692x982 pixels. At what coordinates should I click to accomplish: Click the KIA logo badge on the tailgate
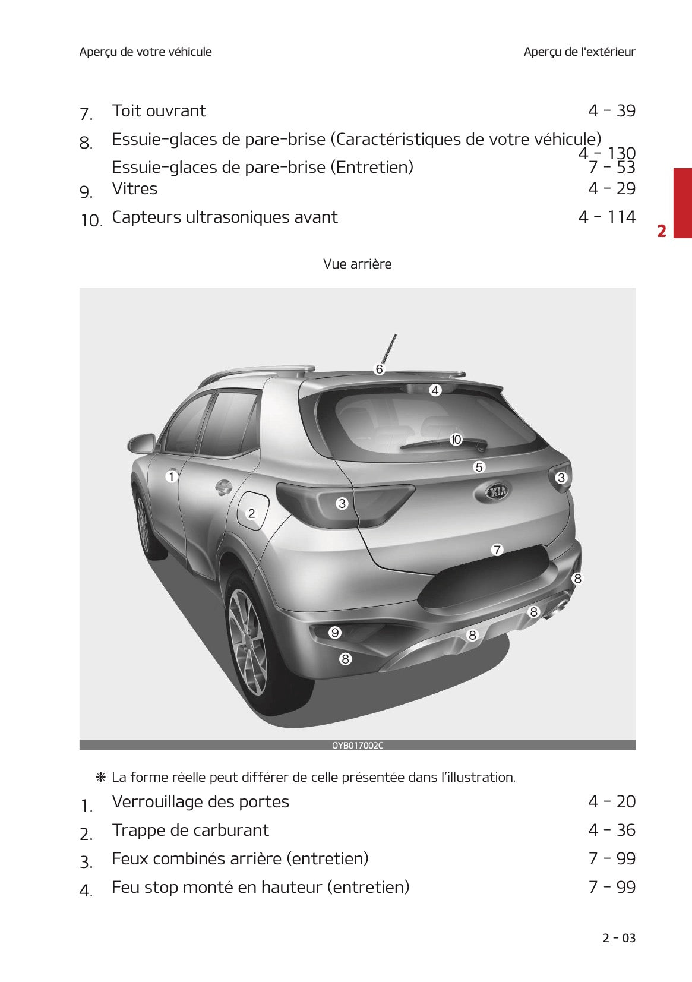click(x=497, y=491)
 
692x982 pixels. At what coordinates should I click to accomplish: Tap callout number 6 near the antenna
click(x=379, y=370)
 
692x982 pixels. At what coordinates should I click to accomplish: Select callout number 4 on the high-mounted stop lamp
click(x=435, y=390)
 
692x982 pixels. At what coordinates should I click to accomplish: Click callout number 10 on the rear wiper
click(x=456, y=440)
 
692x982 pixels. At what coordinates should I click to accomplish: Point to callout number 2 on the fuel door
click(x=251, y=513)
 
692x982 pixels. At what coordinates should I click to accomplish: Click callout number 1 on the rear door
click(x=172, y=476)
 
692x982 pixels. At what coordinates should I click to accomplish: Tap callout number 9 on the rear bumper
click(x=335, y=633)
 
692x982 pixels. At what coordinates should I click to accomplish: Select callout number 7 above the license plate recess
click(x=497, y=550)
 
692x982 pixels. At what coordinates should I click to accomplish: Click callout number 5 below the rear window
click(x=479, y=467)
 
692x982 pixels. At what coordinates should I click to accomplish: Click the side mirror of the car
click(x=141, y=443)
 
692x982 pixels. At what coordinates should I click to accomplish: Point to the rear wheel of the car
click(x=248, y=633)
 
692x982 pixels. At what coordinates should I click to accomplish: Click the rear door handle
click(x=223, y=488)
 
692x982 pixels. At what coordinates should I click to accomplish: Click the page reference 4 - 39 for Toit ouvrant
click(x=611, y=111)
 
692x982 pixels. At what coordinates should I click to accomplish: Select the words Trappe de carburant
click(x=190, y=830)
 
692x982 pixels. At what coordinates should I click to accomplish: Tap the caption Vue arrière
click(x=357, y=264)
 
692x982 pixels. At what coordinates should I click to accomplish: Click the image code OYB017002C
click(x=357, y=745)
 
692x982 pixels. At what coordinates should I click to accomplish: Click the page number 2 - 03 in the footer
click(x=618, y=938)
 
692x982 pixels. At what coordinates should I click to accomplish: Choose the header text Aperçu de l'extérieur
click(x=579, y=52)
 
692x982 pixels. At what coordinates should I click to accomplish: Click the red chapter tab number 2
click(x=662, y=230)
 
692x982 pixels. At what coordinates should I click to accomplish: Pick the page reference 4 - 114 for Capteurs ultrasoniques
click(x=606, y=217)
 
